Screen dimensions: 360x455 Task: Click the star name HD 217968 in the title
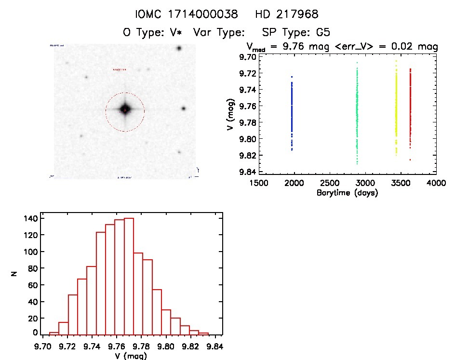[x=288, y=14]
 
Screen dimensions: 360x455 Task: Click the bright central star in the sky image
[x=125, y=110]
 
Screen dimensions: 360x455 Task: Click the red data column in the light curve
[x=410, y=108]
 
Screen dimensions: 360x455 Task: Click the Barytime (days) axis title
[x=347, y=193]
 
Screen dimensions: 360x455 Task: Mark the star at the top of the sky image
[x=179, y=48]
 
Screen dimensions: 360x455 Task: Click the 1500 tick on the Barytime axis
[x=259, y=184]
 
